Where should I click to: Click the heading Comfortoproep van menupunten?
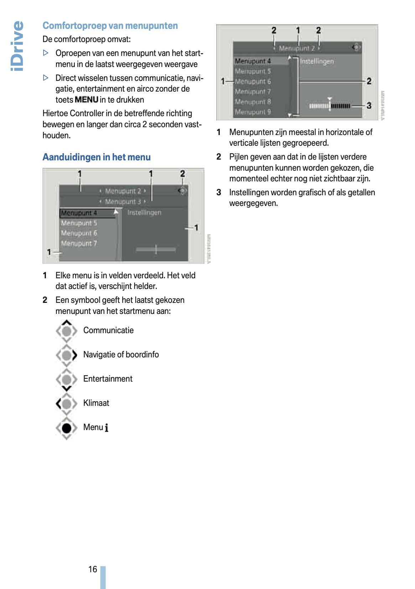click(110, 26)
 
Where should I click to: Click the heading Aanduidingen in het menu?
click(97, 157)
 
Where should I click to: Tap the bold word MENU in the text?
click(87, 100)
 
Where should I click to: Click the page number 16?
click(93, 569)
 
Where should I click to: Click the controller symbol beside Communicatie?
click(67, 331)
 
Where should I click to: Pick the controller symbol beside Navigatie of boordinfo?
click(67, 355)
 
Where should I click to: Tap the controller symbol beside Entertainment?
click(67, 379)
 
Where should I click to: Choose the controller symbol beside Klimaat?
click(67, 403)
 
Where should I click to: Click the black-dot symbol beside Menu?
click(67, 428)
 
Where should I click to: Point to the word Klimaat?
click(96, 403)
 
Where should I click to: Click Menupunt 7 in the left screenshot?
click(79, 244)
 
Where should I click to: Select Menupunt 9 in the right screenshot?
click(253, 112)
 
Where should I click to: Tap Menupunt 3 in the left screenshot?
click(123, 202)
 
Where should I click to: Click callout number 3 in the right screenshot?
click(369, 105)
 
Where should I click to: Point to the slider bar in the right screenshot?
click(330, 106)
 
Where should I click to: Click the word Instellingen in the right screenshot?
click(317, 61)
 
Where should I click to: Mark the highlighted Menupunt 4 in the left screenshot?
click(79, 213)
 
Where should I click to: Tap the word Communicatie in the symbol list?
click(108, 330)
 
